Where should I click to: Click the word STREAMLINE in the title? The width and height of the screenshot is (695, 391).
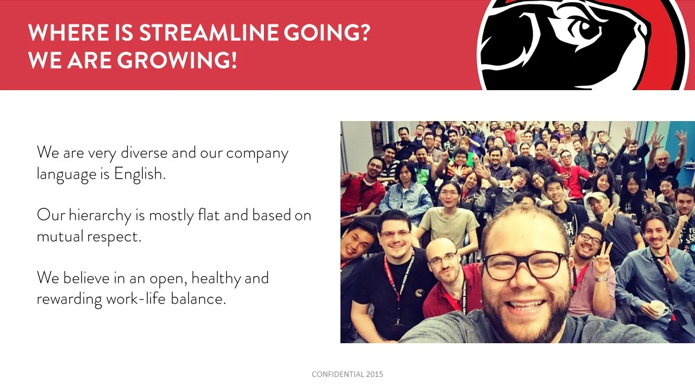(x=208, y=33)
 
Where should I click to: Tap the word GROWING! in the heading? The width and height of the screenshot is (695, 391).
(x=177, y=60)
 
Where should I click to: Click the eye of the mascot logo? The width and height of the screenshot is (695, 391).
(x=583, y=29)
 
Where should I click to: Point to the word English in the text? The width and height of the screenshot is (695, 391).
(x=140, y=174)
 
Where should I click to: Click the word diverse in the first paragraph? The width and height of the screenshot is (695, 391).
(x=144, y=153)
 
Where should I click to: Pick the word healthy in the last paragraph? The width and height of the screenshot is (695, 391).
(x=216, y=279)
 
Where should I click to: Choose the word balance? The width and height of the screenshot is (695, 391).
(x=198, y=299)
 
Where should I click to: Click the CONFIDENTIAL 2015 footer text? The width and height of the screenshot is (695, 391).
(x=347, y=374)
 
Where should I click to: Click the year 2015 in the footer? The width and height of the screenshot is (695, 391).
(x=374, y=374)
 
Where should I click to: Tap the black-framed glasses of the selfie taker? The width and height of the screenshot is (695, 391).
(x=525, y=266)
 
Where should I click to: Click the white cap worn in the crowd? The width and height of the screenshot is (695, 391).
(x=596, y=197)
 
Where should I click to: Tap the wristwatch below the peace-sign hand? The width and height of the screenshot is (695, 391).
(x=601, y=279)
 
